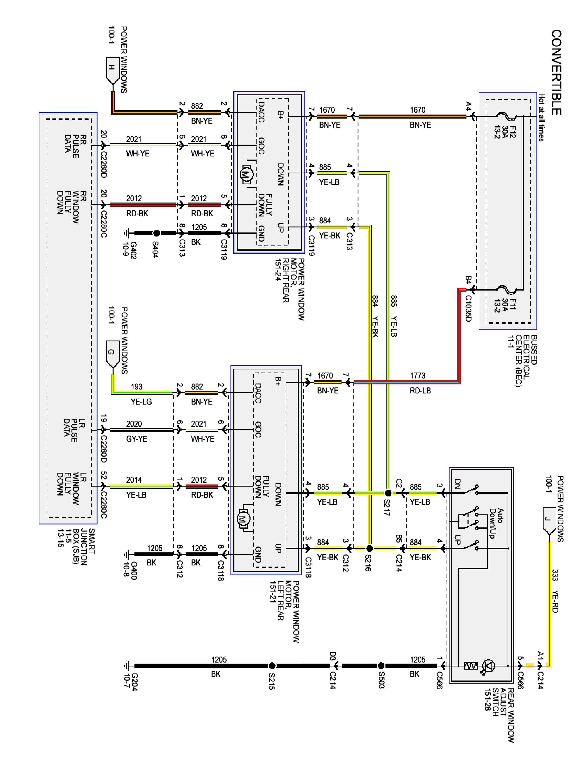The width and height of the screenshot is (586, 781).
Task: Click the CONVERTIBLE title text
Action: [x=556, y=72]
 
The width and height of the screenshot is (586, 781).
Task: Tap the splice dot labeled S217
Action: [x=388, y=493]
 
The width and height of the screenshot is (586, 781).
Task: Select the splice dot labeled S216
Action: [x=370, y=548]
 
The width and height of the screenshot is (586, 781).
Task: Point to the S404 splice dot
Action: [x=157, y=233]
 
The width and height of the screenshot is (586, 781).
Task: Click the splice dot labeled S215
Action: [x=272, y=666]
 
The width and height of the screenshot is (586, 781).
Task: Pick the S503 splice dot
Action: [x=381, y=666]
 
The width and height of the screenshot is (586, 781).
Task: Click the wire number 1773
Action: [x=417, y=376]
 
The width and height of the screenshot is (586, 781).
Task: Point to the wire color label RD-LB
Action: [x=420, y=391]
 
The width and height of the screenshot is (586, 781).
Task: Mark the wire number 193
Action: [x=137, y=387]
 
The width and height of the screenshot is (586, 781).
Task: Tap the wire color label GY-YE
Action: [x=136, y=439]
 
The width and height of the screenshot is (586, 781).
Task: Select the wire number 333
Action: [x=555, y=575]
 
